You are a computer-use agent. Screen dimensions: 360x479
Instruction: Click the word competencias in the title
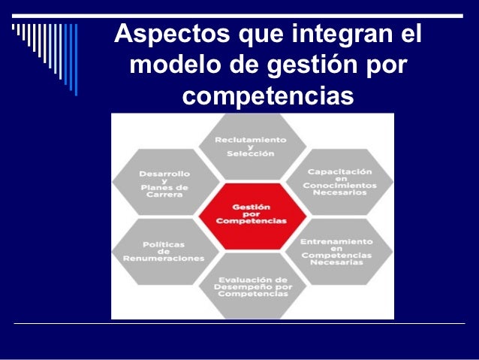coord(267,97)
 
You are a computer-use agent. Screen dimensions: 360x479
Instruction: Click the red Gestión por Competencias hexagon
coord(252,214)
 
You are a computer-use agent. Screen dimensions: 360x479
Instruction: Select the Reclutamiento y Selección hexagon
coord(252,146)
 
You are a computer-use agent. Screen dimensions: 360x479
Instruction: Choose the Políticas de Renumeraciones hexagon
coord(164,251)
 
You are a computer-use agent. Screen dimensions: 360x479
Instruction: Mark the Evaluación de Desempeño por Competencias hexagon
coord(252,286)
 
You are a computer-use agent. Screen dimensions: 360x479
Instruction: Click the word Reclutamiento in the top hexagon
coord(252,139)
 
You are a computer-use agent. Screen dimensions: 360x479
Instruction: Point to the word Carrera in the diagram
coord(164,194)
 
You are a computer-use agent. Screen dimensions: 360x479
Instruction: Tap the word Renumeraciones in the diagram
coord(164,259)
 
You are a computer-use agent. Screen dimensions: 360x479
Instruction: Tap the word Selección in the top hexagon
coord(252,153)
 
